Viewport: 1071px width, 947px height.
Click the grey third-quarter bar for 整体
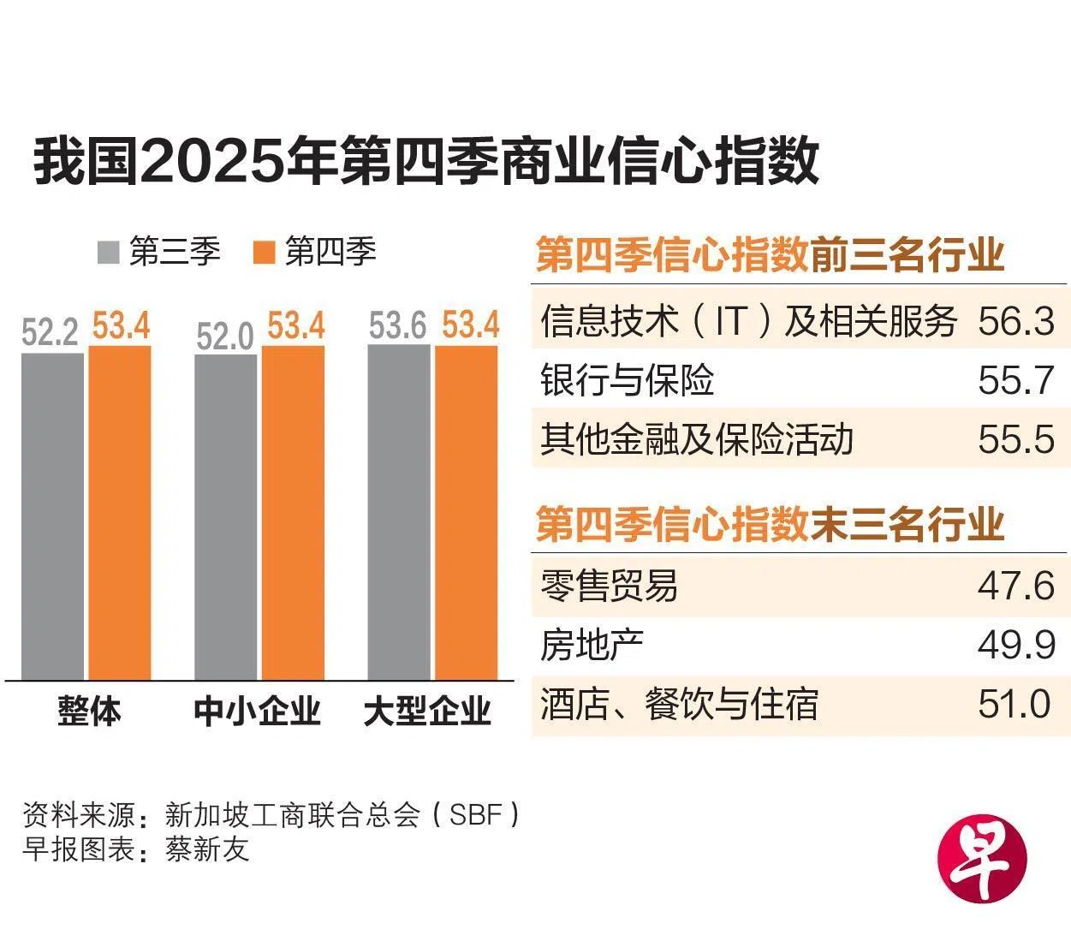tap(52, 515)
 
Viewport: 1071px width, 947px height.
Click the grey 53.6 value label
tap(398, 326)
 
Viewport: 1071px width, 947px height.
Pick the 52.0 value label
tap(225, 337)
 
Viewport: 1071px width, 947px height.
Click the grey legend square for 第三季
tap(109, 253)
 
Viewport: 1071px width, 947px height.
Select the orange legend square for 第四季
tap(265, 253)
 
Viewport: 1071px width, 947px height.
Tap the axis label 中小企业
tap(257, 712)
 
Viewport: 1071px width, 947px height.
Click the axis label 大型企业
tap(427, 712)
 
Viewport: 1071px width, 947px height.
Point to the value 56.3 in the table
tap(1015, 321)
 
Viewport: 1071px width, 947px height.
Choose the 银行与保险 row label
tap(628, 380)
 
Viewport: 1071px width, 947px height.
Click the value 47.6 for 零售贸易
tap(1015, 586)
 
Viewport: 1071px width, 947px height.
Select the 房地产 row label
tap(592, 645)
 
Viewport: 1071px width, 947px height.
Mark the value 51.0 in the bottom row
tap(1014, 704)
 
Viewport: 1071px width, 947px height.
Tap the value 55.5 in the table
tap(1015, 439)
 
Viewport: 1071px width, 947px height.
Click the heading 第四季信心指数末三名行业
tap(769, 524)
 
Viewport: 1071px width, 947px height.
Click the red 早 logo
tap(982, 859)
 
